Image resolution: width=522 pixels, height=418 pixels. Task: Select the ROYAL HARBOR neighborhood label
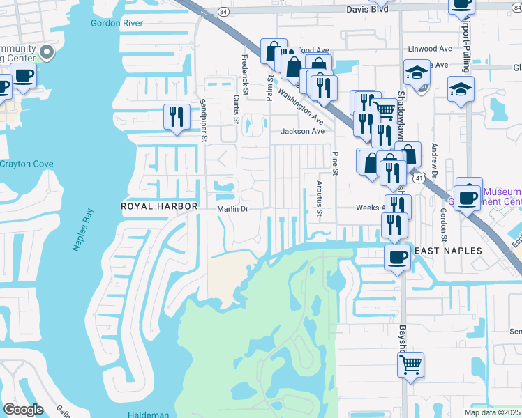160,207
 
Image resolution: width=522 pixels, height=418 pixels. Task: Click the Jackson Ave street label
302,131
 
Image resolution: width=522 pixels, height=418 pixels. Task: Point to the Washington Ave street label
300,104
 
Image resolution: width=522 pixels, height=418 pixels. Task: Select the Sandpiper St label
204,120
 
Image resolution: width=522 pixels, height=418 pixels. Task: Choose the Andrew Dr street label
434,159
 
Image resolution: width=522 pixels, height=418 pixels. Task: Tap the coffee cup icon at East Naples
397,256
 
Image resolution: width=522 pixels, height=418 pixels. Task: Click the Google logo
24,410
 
